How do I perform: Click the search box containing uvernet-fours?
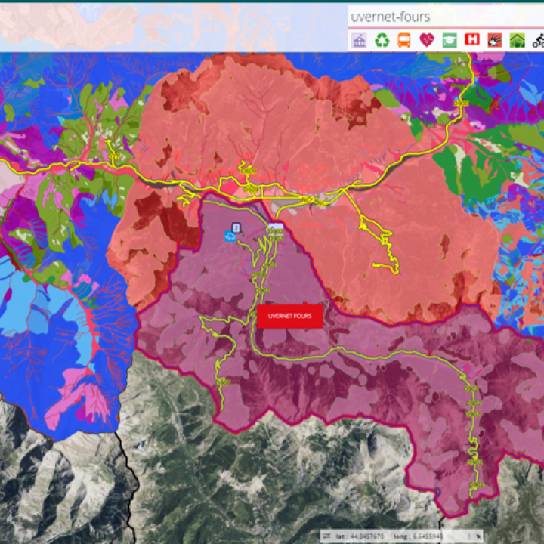(x=444, y=16)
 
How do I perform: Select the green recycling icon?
(x=382, y=40)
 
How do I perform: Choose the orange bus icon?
(x=405, y=40)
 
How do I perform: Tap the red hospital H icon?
(x=472, y=40)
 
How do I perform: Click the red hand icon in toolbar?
(x=495, y=40)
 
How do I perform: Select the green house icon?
(x=517, y=40)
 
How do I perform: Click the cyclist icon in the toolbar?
(x=537, y=40)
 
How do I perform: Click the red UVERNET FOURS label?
(x=290, y=317)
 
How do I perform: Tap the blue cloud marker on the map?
(x=229, y=236)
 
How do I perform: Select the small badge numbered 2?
(x=236, y=227)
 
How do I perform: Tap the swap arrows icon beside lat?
(x=326, y=536)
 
